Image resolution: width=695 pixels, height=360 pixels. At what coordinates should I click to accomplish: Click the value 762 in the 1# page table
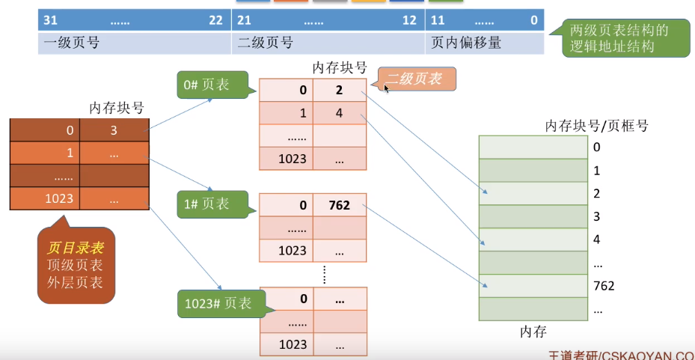point(339,205)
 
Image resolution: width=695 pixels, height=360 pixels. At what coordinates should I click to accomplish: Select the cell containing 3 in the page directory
point(114,131)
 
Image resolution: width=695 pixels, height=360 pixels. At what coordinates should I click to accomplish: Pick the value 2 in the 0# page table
point(339,90)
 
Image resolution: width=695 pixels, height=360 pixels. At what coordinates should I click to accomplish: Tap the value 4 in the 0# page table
point(339,113)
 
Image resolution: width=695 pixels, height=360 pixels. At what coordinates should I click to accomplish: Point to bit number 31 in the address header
point(50,20)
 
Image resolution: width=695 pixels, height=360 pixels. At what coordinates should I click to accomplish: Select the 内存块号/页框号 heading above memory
point(596,125)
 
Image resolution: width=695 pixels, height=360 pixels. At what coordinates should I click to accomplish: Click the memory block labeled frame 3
point(533,217)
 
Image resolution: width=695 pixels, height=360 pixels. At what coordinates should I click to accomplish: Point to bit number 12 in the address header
point(409,20)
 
